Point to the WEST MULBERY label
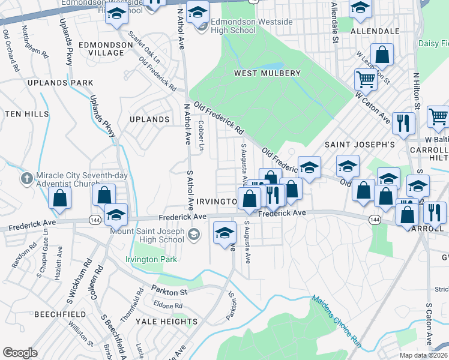pos(267,73)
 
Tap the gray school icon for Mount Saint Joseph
pos(194,234)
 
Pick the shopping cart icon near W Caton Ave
pos(365,78)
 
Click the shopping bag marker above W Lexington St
pos(382,55)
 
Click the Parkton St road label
pos(170,290)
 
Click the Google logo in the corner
pos(20,353)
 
